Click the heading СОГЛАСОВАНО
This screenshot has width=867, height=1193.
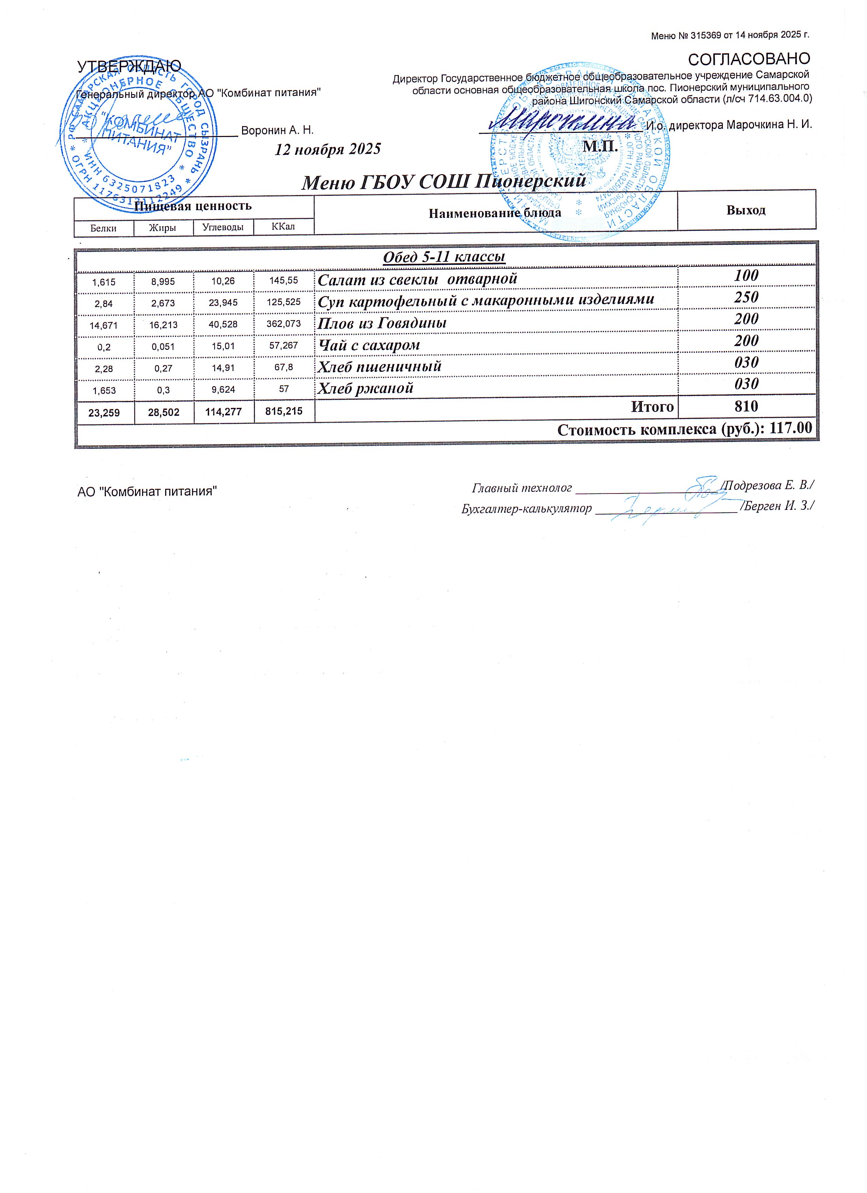pos(749,58)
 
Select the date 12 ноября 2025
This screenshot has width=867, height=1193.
pos(328,150)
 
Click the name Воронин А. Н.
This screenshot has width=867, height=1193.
pos(277,130)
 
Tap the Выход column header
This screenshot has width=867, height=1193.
pos(746,210)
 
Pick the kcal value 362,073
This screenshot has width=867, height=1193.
pos(284,324)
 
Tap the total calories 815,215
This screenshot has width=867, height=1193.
pos(284,411)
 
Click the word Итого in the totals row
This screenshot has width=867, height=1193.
pos(652,407)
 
